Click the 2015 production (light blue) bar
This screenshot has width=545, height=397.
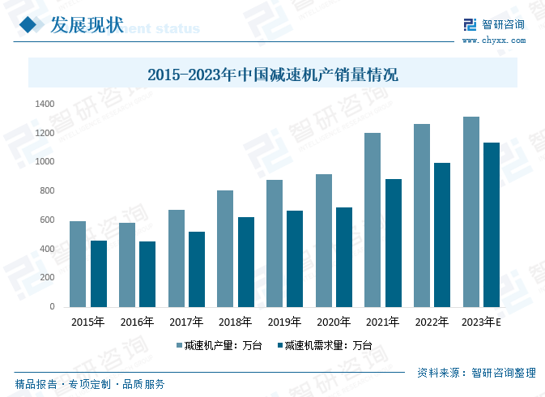[78, 264]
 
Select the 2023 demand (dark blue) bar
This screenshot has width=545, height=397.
[491, 224]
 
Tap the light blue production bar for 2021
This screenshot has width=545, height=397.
[373, 220]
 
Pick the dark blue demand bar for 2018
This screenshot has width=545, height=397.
[246, 262]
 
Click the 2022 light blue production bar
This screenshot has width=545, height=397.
[421, 216]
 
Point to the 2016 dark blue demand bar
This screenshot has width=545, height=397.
[147, 274]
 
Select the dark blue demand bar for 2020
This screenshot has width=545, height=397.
[344, 257]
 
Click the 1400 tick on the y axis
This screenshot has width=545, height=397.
[45, 105]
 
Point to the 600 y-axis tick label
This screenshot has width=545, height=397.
[47, 220]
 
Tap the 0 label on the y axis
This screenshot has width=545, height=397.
[52, 307]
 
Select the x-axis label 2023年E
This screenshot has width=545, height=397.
[481, 322]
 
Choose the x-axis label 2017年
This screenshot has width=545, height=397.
[185, 322]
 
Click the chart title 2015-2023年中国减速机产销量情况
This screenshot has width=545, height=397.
[272, 75]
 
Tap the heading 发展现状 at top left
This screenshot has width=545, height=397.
[87, 26]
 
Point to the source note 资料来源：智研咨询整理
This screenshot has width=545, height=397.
[476, 373]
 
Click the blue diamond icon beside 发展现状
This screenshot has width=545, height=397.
[30, 26]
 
